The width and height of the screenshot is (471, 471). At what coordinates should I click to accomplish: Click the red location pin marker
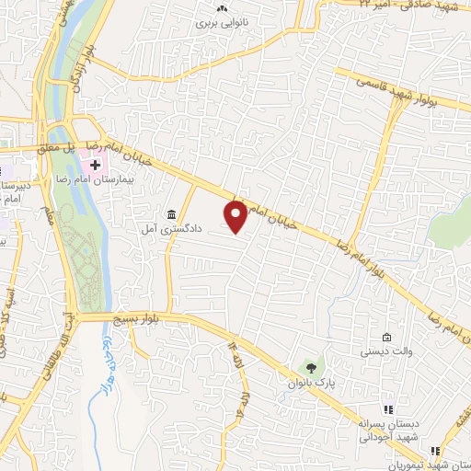pos(235,216)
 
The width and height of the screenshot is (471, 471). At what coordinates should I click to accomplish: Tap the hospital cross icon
pos(95,165)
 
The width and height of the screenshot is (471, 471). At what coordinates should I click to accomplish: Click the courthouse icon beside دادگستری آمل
pos(172,214)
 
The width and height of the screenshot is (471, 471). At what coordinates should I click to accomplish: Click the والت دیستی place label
pos(379,350)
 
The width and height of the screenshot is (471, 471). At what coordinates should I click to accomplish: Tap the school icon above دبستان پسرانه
pos(388,409)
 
